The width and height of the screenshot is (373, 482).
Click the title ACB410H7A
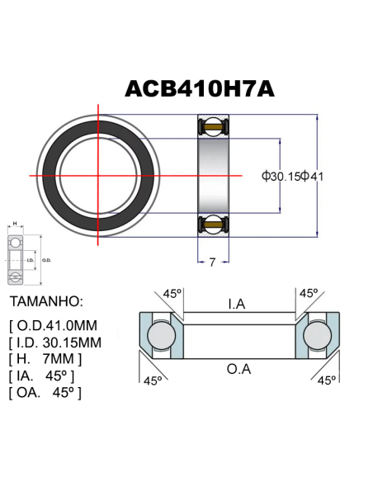click(x=199, y=88)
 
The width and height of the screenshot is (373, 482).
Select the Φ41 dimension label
click(x=313, y=175)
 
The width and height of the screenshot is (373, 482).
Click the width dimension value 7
click(x=212, y=262)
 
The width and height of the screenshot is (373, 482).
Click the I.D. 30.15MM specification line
click(x=55, y=342)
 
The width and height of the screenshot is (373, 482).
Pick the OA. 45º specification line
click(x=45, y=392)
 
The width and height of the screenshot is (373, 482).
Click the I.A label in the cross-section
click(x=236, y=305)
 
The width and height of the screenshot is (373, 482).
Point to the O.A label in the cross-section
click(x=238, y=368)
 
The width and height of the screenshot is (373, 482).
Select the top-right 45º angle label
click(x=309, y=294)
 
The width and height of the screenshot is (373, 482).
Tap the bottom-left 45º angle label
click(x=153, y=380)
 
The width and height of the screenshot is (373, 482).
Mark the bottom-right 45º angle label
click(x=327, y=380)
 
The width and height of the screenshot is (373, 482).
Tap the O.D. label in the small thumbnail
click(x=46, y=261)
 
